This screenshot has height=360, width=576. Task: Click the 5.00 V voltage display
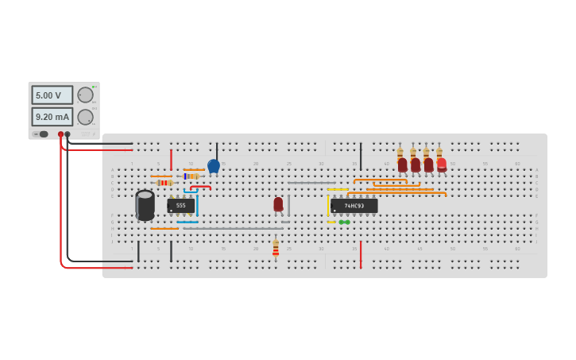[x=52, y=95]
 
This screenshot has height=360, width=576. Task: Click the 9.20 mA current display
[x=52, y=117]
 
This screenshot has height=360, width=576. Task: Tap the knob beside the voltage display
[x=85, y=95]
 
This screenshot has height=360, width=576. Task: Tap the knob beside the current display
[x=85, y=117]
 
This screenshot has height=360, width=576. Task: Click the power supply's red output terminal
[x=60, y=134]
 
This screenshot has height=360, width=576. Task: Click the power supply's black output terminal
[x=68, y=134]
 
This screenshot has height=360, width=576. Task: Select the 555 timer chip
[x=180, y=206]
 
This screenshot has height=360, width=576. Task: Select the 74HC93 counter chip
[x=354, y=206]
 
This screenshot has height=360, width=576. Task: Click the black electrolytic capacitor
[x=145, y=205]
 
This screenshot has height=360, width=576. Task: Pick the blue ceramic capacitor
[x=213, y=166]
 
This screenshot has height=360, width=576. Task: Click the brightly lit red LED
[x=442, y=165]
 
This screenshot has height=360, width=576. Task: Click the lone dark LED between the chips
[x=278, y=204]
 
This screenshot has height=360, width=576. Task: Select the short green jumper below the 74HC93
[x=344, y=222]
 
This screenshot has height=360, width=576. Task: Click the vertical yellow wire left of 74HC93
[x=327, y=205]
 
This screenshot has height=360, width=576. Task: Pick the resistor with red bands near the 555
[x=164, y=183]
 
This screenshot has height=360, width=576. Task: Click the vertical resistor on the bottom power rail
[x=276, y=249]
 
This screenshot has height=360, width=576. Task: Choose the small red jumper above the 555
[x=200, y=188]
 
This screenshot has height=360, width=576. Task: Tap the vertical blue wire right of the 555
[x=197, y=205]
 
